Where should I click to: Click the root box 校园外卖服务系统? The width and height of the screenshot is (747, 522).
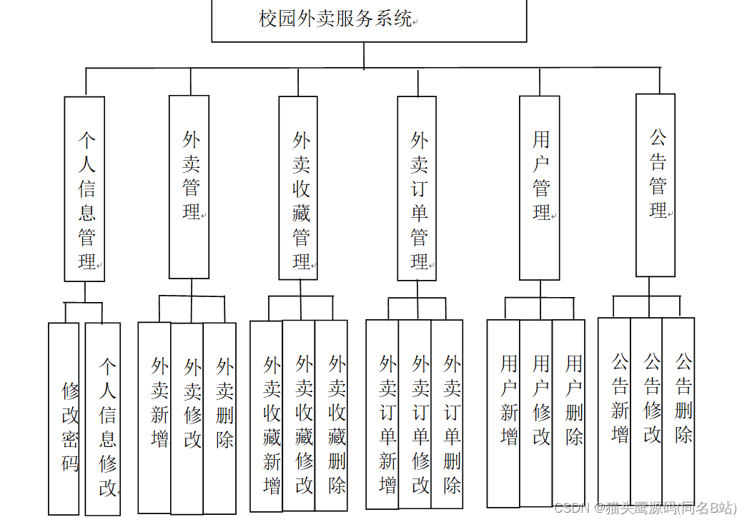point(369,20)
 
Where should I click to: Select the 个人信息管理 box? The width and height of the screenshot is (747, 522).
point(84,189)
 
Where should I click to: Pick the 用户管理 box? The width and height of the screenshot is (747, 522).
point(539,188)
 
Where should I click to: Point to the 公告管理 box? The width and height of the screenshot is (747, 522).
point(656,185)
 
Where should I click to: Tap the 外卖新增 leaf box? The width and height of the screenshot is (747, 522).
point(154,418)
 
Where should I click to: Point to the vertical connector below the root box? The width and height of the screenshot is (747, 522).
point(364,55)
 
